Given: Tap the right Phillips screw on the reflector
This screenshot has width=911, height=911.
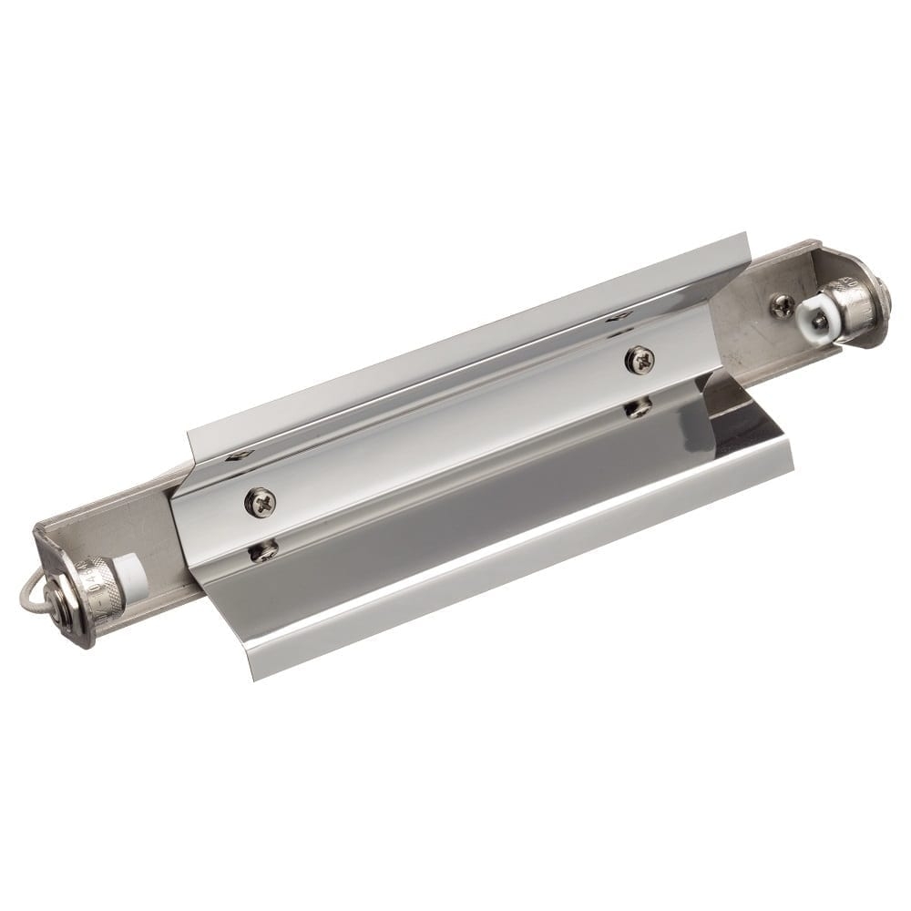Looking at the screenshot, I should coord(639,359).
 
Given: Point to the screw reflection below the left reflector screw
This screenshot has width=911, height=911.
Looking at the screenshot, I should coord(263,551).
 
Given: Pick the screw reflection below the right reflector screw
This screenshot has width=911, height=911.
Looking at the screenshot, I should coord(638,407).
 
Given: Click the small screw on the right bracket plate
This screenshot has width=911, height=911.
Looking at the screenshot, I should coord(781,305).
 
